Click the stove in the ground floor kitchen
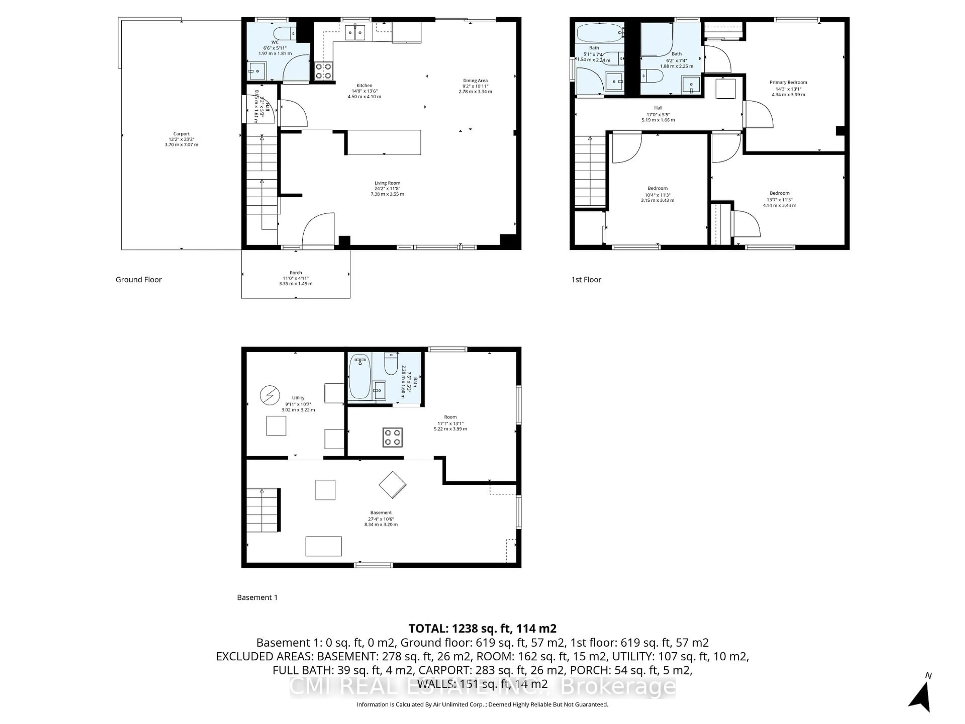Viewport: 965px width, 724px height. (x=323, y=71)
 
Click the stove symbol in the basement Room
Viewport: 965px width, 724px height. (x=392, y=437)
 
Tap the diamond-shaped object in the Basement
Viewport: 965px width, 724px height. (x=392, y=484)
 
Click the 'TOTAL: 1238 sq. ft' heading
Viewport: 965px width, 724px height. (x=482, y=628)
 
